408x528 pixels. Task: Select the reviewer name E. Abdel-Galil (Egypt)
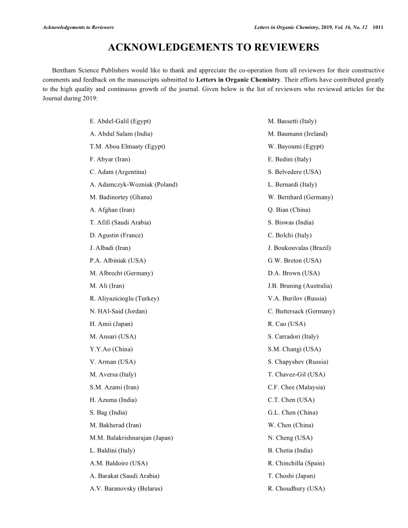[120, 121]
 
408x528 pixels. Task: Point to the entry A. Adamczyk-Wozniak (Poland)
[133, 184]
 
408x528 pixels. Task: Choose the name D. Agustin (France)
[116, 235]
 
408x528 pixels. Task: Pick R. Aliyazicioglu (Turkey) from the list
[124, 298]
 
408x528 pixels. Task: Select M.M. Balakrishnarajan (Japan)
[131, 438]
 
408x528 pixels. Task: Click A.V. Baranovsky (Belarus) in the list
[126, 488]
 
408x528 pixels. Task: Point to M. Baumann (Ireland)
[297, 134]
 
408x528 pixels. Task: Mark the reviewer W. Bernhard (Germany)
[300, 197]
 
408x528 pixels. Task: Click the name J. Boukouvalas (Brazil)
[299, 248]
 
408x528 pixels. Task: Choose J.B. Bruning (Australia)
[299, 286]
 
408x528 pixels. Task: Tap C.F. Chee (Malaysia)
[296, 387]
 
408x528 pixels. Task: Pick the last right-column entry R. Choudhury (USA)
[296, 488]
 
